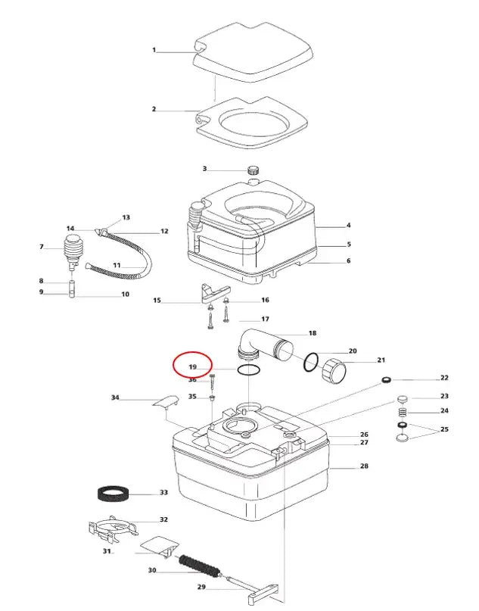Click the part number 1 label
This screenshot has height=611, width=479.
(x=154, y=51)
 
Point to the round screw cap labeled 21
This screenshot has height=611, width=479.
(x=334, y=372)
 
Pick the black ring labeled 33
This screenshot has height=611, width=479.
(x=116, y=494)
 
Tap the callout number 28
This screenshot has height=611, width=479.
(x=364, y=466)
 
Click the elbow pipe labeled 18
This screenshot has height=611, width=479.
(x=261, y=343)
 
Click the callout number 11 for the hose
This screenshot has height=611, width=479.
(x=117, y=265)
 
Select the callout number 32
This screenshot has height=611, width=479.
(x=163, y=520)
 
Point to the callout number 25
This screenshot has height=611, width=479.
(x=444, y=430)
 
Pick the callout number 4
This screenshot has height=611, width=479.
(x=349, y=226)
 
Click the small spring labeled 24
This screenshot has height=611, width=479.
(x=403, y=412)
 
